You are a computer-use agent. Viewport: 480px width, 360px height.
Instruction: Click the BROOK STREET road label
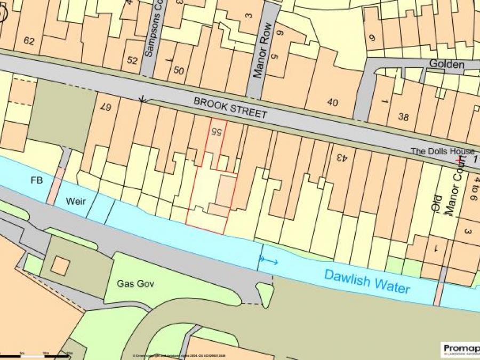pos(230,108)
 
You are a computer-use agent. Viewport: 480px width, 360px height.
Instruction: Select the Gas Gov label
pos(135,284)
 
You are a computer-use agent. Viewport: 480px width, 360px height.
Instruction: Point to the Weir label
pos(76,201)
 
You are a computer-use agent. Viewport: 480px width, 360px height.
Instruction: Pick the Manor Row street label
pos(264,50)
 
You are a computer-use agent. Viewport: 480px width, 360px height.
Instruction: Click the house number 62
pos(29,41)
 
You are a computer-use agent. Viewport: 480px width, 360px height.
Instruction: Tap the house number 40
pos(332,102)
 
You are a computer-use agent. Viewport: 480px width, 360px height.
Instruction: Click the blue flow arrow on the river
pos(269,261)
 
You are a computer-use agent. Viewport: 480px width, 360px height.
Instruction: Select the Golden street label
pos(447,64)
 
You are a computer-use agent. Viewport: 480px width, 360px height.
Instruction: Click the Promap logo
pos(460,349)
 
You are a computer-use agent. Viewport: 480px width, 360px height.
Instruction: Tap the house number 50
pos(178,70)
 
